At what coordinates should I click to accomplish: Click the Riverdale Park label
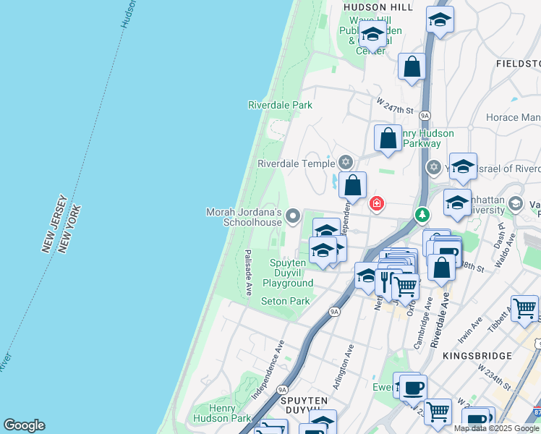pos(280,105)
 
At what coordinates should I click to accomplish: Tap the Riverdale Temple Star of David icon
pos(346,161)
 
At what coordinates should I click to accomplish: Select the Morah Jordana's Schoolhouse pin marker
pos(293,215)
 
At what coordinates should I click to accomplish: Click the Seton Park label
pos(285,301)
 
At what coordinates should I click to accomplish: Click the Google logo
pos(25,425)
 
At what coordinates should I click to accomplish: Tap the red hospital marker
pos(376,203)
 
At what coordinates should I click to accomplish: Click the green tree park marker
pos(422,215)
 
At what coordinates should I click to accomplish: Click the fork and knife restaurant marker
pos(384,279)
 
